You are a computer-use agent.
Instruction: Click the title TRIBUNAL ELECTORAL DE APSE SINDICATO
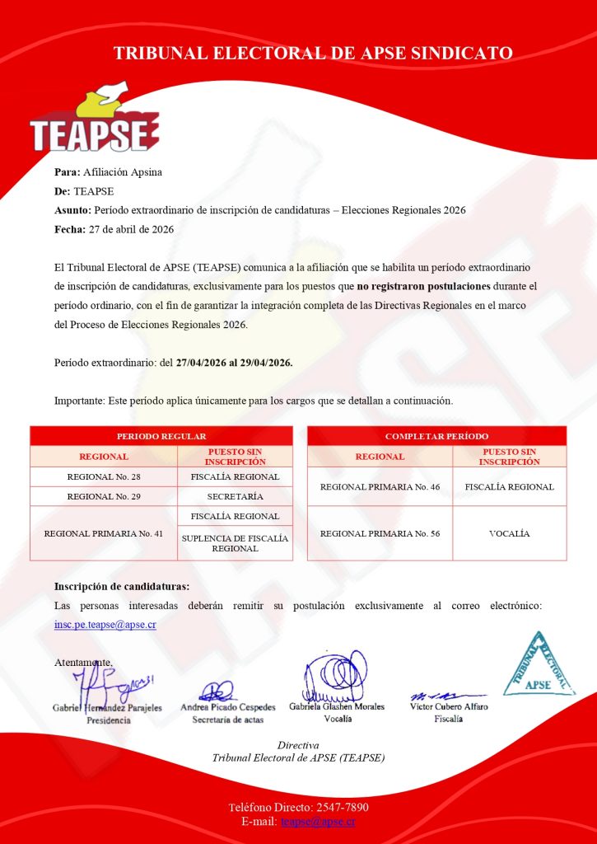coord(313,54)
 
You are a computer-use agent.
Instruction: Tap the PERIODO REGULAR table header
coord(161,436)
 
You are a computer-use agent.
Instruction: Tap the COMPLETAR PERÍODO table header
coord(436,436)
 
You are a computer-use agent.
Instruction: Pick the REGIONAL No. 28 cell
coord(104,477)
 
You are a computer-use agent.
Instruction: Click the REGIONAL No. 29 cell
coord(104,496)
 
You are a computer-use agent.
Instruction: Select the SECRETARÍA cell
coord(235,496)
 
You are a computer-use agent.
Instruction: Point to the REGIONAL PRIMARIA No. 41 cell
coord(104,533)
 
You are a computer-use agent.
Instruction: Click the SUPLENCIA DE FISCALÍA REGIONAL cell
coord(235,543)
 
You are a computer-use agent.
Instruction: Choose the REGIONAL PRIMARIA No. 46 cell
coord(380,487)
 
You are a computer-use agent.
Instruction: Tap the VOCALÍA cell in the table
coord(509,533)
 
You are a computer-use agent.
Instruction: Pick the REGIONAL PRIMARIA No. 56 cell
coord(380,533)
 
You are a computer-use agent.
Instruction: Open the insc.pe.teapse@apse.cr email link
coord(105,624)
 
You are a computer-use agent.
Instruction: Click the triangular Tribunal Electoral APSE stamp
coord(539,664)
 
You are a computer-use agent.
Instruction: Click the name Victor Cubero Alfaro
coord(449,707)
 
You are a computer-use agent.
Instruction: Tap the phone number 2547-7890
coord(334,807)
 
